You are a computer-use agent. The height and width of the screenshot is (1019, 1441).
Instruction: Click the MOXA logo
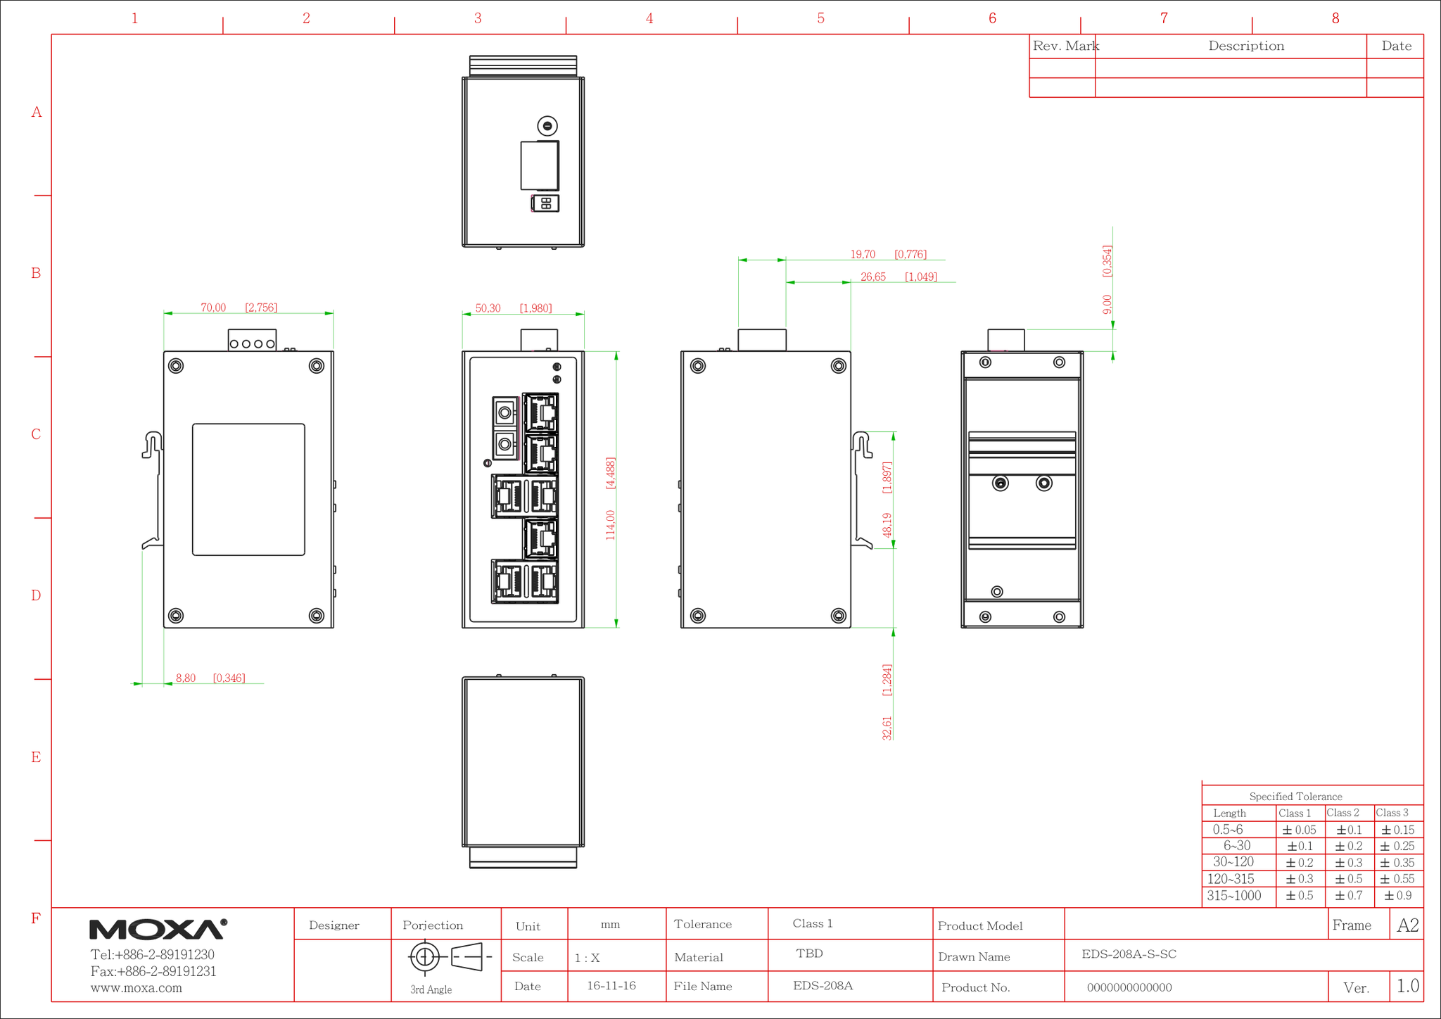[158, 929]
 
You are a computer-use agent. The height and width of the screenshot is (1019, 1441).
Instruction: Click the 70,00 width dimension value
[213, 308]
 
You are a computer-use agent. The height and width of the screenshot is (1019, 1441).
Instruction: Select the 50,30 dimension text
[488, 308]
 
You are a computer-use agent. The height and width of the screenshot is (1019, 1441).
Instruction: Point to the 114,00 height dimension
[610, 525]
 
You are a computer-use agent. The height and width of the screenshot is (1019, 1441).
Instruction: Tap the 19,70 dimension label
[863, 254]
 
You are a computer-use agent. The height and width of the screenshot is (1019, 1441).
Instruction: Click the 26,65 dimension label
[873, 277]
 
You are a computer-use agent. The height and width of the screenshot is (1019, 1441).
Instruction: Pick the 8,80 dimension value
[186, 678]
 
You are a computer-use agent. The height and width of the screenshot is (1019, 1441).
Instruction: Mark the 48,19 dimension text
[887, 525]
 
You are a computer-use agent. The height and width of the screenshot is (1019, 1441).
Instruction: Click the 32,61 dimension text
[887, 728]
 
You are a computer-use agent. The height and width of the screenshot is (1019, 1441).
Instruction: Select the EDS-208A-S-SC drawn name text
[1129, 954]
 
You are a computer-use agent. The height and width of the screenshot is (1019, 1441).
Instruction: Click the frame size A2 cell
[1407, 925]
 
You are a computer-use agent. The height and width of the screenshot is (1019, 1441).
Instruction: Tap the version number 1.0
[1407, 986]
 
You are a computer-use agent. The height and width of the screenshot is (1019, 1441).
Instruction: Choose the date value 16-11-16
[611, 985]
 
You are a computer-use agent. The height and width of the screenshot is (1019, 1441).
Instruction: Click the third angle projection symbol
[450, 957]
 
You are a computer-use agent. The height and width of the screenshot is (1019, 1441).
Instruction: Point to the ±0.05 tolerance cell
[1299, 830]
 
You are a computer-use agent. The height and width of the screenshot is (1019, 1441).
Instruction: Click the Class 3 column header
[1392, 813]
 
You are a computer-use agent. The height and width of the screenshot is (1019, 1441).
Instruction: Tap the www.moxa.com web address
[137, 988]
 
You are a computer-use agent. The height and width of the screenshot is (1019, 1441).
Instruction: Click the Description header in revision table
[1246, 46]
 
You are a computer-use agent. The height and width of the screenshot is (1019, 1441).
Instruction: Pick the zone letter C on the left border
[36, 434]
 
